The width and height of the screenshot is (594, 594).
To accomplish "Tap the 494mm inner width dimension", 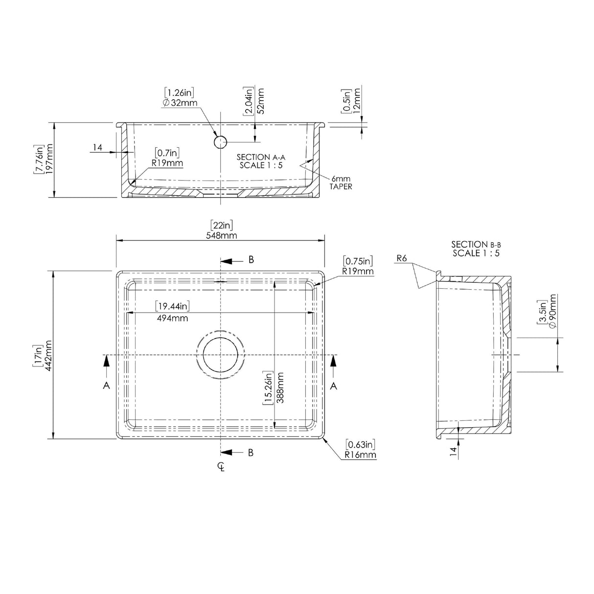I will (173, 318).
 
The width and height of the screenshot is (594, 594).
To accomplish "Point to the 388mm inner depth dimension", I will (279, 387).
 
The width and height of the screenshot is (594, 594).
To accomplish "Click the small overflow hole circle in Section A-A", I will (220, 142).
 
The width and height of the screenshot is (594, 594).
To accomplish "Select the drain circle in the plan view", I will (221, 354).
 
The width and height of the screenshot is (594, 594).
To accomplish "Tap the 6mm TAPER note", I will (341, 183).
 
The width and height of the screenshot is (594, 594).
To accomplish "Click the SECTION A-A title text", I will (261, 157).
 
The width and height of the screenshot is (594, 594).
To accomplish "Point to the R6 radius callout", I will (402, 258).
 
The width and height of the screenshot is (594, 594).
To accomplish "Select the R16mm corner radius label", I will (360, 455).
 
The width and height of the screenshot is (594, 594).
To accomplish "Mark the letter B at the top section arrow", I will (251, 260).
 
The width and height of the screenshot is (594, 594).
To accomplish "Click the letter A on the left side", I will (106, 386).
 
